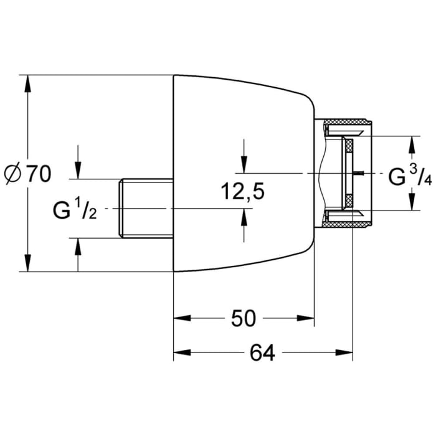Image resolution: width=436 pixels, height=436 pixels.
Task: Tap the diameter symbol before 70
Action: (x=13, y=174)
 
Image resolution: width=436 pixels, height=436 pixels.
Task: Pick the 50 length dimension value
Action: (x=244, y=319)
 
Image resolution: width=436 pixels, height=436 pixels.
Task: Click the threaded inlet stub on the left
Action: (x=145, y=207)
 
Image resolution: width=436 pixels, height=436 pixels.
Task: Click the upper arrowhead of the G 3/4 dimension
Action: (x=410, y=145)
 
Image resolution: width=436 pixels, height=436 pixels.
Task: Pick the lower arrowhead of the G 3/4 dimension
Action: (x=410, y=202)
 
